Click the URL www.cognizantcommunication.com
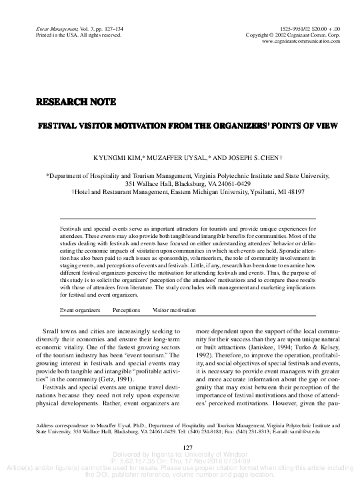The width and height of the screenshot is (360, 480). (x=301, y=41)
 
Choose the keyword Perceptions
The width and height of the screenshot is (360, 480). (x=126, y=310)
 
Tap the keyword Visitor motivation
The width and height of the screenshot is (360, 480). (x=174, y=310)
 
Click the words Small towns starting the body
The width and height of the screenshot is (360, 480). (x=61, y=331)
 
